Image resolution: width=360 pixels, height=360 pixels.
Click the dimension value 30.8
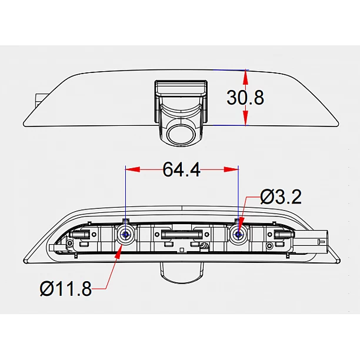tap(245, 97)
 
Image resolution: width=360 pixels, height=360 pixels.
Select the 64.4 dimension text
tap(182, 170)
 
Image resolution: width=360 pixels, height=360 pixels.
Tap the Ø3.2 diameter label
tap(281, 196)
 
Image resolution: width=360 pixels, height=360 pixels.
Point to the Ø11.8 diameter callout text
tap(66, 289)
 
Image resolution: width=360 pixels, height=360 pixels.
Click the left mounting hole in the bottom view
tap(125, 235)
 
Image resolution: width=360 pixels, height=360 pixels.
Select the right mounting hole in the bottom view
tap(238, 235)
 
